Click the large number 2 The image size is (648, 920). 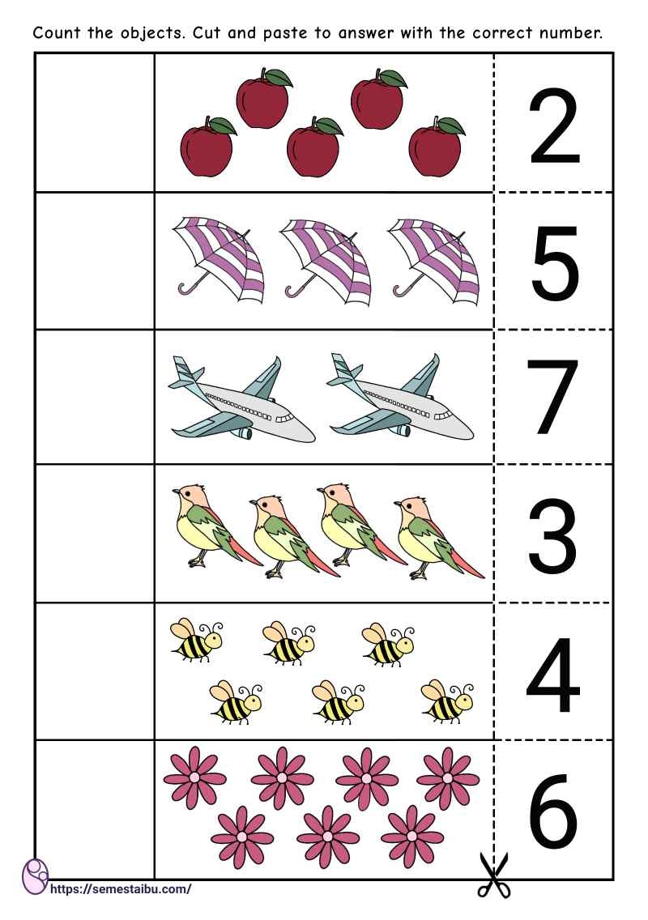555,126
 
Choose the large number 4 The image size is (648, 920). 553,672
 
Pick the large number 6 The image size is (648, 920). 555,810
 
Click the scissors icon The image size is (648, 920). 493,875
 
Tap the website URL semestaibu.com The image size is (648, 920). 122,888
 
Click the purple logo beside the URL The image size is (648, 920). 35,876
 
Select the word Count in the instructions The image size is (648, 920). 54,34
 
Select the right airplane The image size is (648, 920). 400,401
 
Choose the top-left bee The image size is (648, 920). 196,638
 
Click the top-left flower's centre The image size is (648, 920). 194,777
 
